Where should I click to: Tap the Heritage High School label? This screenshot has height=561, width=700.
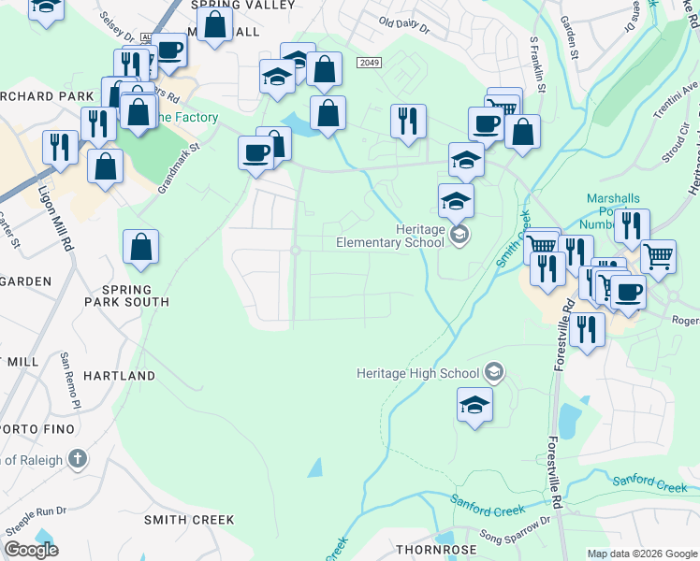pyautogui.click(x=418, y=373)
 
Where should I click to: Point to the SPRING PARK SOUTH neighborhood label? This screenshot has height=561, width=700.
pyautogui.click(x=139, y=295)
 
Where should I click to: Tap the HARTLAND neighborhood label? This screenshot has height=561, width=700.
pyautogui.click(x=119, y=376)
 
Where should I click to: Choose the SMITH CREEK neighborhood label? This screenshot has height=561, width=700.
pyautogui.click(x=188, y=519)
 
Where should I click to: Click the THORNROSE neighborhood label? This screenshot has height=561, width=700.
pyautogui.click(x=431, y=551)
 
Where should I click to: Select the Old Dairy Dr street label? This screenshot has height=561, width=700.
pyautogui.click(x=404, y=24)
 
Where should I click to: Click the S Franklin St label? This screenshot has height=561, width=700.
pyautogui.click(x=537, y=65)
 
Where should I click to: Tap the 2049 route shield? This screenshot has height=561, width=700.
pyautogui.click(x=370, y=62)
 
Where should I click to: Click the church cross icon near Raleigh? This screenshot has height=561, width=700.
pyautogui.click(x=78, y=459)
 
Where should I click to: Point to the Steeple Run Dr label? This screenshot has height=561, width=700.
pyautogui.click(x=36, y=512)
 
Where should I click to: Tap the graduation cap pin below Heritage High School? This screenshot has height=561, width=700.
pyautogui.click(x=475, y=405)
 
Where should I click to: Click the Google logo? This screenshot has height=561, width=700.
pyautogui.click(x=32, y=550)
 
